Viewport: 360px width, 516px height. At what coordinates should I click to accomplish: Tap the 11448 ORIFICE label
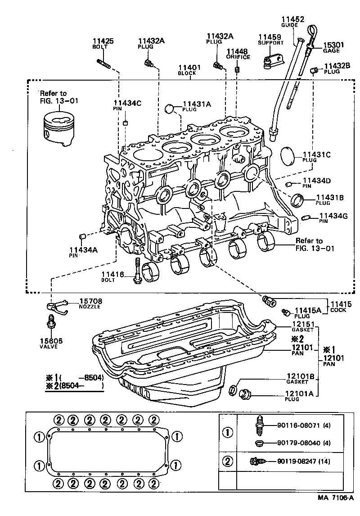pos(237,54)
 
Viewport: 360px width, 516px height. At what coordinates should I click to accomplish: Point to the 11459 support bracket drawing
pos(271,61)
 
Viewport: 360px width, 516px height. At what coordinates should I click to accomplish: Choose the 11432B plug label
pos(337,68)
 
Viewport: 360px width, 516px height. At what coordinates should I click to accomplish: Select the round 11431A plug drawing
pos(169,108)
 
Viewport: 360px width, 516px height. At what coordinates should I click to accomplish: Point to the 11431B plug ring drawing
pos(298,199)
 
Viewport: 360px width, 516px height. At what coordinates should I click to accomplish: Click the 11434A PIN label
pos(82,252)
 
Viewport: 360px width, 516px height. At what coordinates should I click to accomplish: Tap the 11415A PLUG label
pos(308,312)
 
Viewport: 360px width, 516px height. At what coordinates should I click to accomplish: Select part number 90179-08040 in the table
pos(304,443)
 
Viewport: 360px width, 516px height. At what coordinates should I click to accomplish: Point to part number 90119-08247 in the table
pos(304,461)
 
